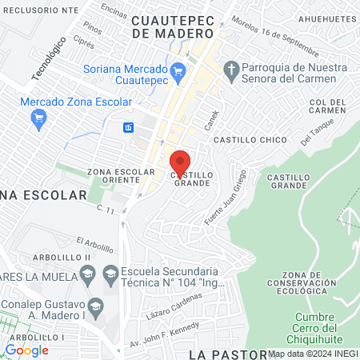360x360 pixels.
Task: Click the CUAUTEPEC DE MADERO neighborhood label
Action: click(x=174, y=27)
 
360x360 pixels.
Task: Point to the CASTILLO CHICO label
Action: click(x=260, y=140)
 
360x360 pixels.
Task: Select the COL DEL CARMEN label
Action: click(x=326, y=106)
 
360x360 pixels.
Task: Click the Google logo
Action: click(x=26, y=350)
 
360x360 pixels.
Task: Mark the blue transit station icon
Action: click(x=127, y=128)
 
